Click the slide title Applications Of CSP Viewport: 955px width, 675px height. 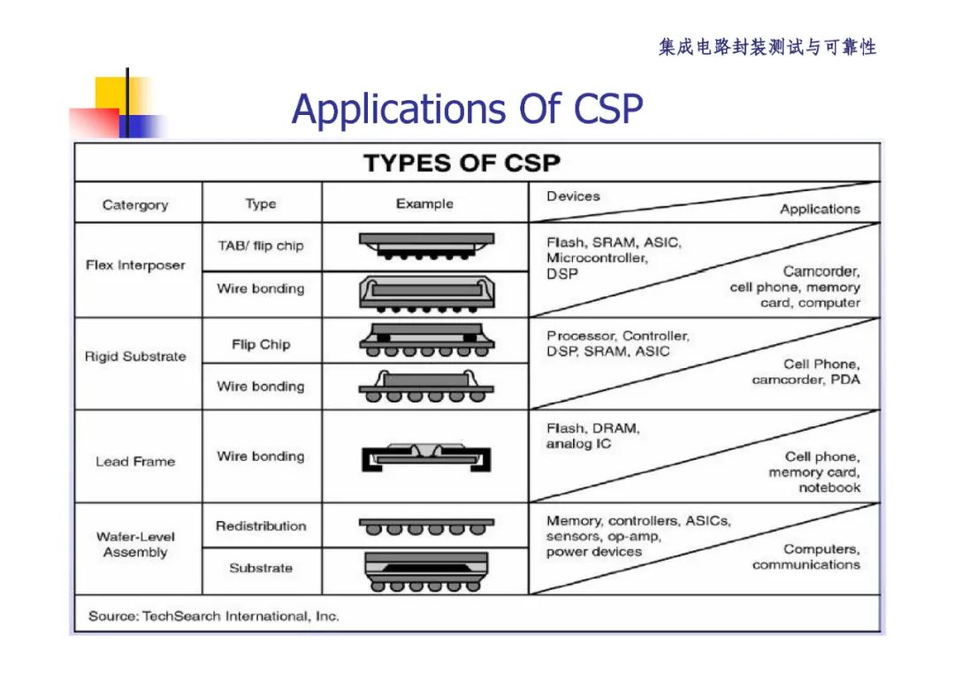[x=467, y=110]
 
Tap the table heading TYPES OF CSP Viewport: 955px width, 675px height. [x=462, y=164]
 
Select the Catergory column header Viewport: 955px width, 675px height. [x=135, y=204]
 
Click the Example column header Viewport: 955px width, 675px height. [x=424, y=203]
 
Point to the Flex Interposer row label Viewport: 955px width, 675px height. [x=135, y=265]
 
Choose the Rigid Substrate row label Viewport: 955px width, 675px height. [x=135, y=357]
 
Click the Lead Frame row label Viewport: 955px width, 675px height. [x=135, y=461]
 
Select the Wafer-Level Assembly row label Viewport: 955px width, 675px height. [x=135, y=544]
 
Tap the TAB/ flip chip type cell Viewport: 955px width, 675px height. [x=261, y=246]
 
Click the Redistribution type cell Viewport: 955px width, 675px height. [x=261, y=525]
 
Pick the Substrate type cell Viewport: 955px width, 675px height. [x=261, y=568]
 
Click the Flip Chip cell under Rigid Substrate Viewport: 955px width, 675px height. [x=261, y=344]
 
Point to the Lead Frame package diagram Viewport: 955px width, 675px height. [x=425, y=456]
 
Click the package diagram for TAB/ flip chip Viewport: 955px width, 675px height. [x=425, y=245]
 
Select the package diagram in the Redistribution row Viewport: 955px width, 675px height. [x=425, y=526]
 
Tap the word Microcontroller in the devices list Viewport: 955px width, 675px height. [x=597, y=258]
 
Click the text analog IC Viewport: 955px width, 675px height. [x=578, y=443]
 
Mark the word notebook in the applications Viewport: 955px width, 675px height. [x=829, y=487]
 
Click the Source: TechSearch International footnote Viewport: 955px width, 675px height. [x=213, y=616]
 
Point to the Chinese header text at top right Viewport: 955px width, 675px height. [x=767, y=47]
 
